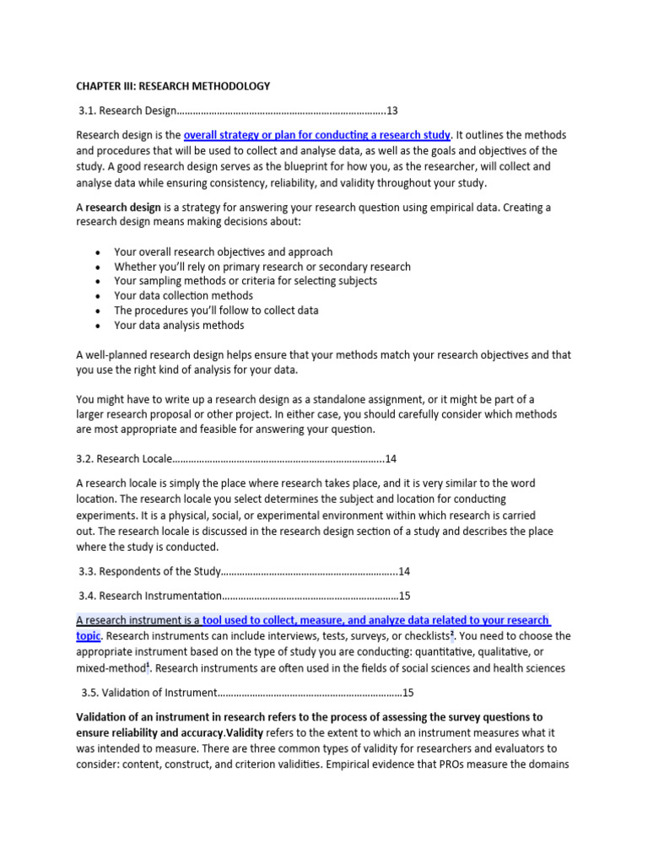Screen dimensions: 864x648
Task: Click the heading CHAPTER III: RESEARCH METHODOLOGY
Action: click(173, 86)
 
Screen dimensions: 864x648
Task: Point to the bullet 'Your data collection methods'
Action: click(183, 295)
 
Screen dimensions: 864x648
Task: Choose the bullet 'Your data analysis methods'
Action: click(179, 325)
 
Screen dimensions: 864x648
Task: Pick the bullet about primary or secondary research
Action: click(262, 267)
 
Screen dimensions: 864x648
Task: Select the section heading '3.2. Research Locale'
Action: click(124, 459)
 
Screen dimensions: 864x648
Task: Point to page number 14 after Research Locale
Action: click(391, 459)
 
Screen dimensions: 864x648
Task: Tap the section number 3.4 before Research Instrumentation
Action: click(89, 596)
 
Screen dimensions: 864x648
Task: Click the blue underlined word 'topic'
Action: click(88, 635)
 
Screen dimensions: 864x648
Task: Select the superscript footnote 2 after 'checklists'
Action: click(452, 633)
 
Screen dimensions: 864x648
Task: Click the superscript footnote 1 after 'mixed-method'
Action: click(148, 665)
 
